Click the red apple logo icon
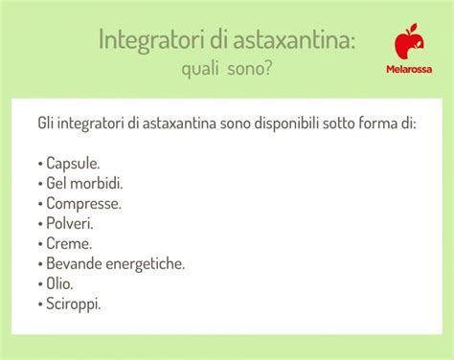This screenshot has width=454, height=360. pos(407,42)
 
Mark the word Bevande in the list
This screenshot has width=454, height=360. pos(75,262)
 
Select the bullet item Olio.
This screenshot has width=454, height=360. pos(59,282)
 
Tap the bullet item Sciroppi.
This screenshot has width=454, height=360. pos(73,303)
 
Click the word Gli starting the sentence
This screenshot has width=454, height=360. pos(47,124)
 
